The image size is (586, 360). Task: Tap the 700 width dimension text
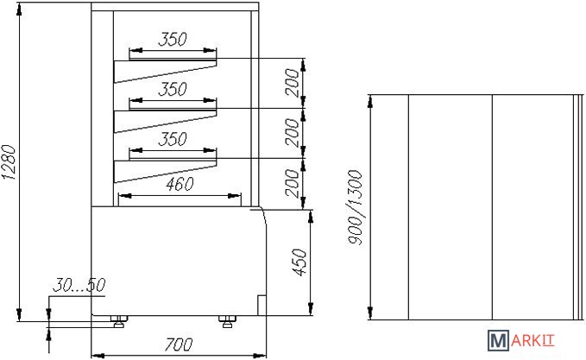[178, 344]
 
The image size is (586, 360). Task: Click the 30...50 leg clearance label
[79, 284]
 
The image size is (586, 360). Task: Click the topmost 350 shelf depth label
[173, 40]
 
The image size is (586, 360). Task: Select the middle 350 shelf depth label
[173, 90]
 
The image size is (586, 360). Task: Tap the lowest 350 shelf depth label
[173, 140]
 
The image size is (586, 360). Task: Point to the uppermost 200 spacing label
[293, 84]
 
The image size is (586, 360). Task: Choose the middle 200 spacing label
[293, 134]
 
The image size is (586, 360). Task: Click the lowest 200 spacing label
[293, 184]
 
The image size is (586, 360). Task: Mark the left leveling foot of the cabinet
[119, 322]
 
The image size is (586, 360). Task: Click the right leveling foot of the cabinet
[227, 322]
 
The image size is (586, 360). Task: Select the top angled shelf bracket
[164, 72]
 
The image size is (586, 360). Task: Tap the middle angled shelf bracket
[164, 122]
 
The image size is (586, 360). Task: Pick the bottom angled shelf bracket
[164, 171]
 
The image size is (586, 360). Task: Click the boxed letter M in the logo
[499, 343]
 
